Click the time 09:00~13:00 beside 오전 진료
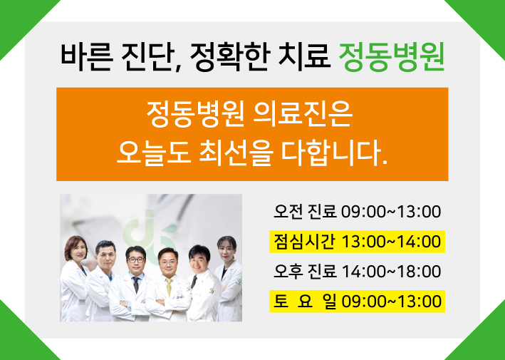(x=390, y=212)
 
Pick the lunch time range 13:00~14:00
(x=390, y=242)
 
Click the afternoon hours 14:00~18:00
(x=390, y=272)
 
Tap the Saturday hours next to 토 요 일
(x=390, y=302)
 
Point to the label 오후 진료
(x=305, y=272)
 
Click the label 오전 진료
(x=305, y=212)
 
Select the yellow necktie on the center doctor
(x=169, y=287)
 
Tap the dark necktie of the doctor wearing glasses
(x=135, y=284)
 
